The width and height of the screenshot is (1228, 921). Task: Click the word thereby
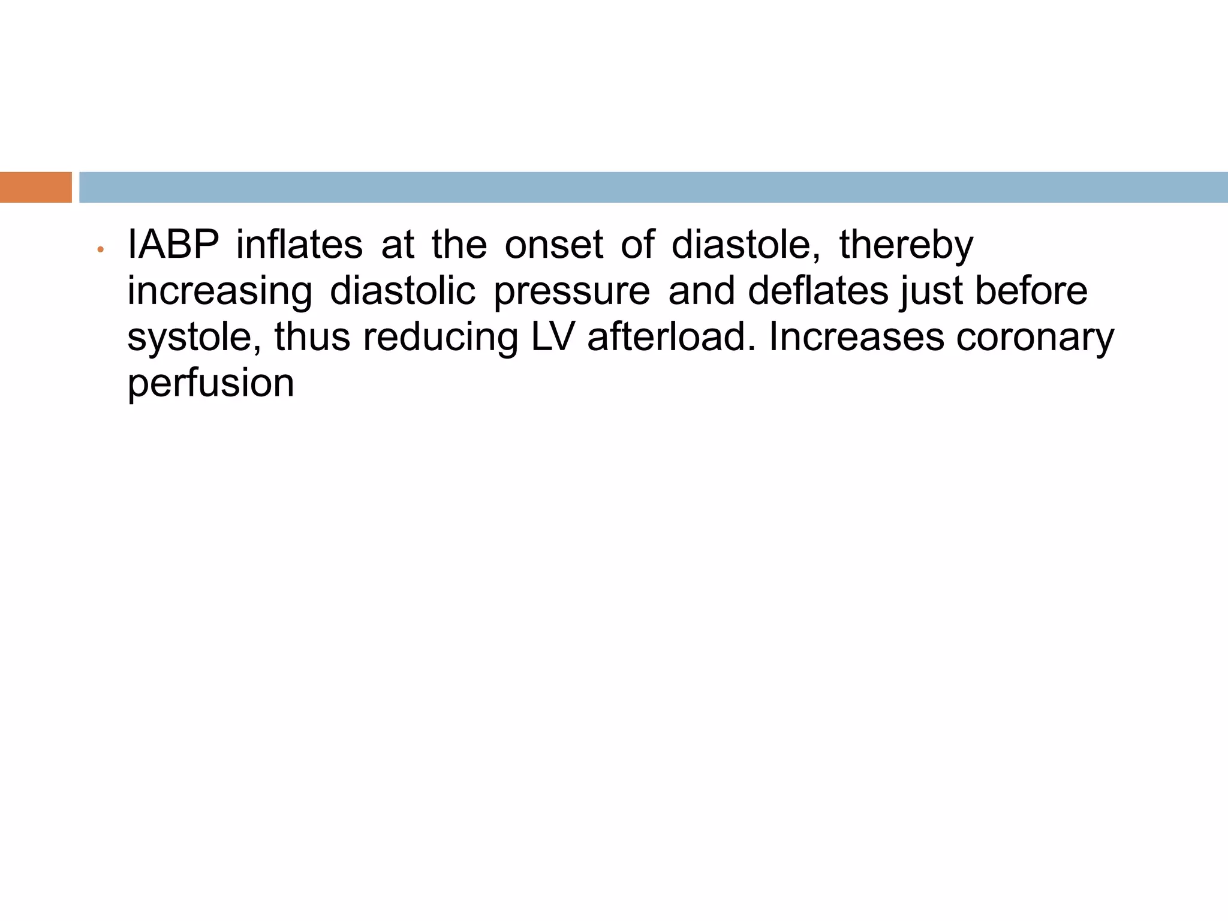[x=906, y=246]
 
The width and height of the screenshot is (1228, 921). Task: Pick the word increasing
[x=219, y=291]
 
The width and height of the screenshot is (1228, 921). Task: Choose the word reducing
[x=440, y=338]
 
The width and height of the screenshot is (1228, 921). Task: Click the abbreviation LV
[x=553, y=336]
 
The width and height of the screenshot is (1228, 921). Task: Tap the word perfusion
[x=210, y=384]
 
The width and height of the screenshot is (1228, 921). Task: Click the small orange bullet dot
[x=101, y=249]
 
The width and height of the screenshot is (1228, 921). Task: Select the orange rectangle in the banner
[x=35, y=187]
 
